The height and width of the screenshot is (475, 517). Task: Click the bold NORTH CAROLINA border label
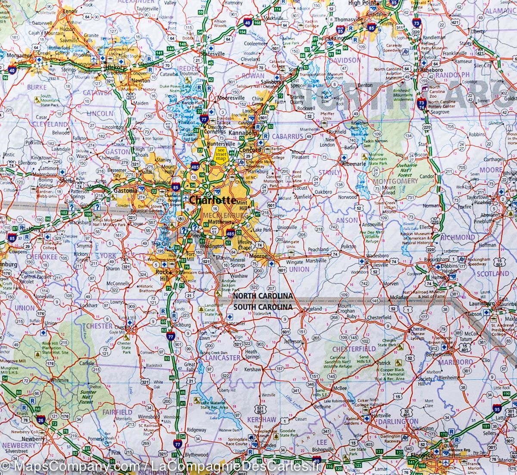tap(263, 296)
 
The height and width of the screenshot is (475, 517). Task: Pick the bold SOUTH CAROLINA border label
tap(263, 307)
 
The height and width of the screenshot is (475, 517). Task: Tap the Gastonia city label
tap(125, 190)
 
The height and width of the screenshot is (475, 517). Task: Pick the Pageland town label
tap(313, 309)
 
